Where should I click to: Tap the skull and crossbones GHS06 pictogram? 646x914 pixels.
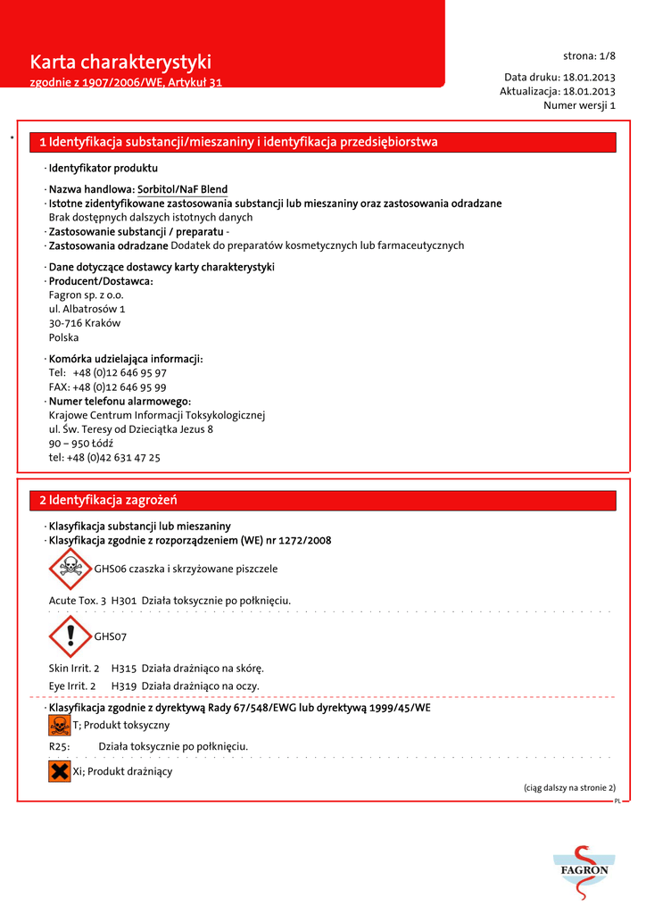point(70,569)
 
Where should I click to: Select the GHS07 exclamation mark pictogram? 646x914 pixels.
point(70,636)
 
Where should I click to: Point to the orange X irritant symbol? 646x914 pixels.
point(60,771)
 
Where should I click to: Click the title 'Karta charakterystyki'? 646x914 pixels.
point(120,62)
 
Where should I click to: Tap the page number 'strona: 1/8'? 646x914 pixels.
point(589,55)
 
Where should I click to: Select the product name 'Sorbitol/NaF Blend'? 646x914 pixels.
point(182,189)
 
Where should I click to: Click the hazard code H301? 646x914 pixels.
point(123,601)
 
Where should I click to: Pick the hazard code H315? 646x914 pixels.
point(123,668)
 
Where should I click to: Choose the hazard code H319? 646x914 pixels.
point(123,685)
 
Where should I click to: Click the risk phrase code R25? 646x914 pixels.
point(59,746)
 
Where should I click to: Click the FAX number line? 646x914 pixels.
point(107,387)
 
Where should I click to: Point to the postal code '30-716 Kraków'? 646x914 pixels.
point(85,323)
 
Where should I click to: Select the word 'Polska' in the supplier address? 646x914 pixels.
point(63,337)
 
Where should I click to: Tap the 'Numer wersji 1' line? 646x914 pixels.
point(579,105)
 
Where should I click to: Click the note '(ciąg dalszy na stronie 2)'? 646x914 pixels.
point(569,788)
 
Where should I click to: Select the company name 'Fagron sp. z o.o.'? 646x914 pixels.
point(87,295)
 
